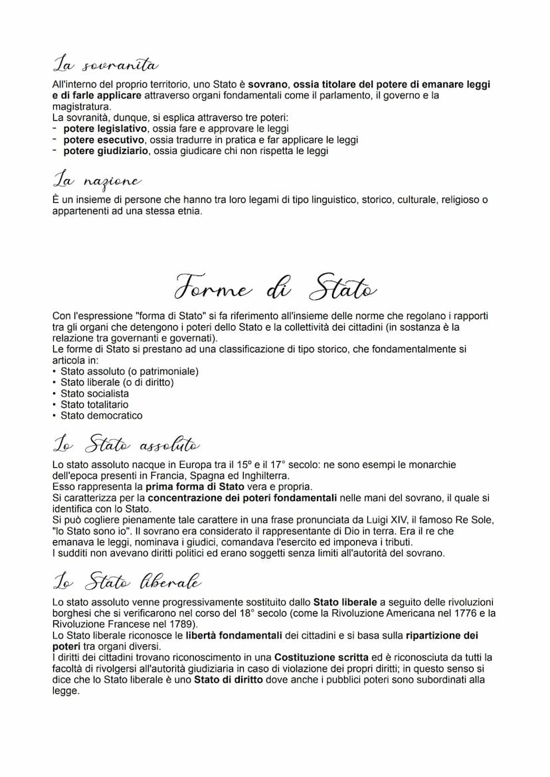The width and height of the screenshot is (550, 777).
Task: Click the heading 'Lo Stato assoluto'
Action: click(x=126, y=444)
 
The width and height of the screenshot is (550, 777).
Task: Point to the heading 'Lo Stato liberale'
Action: click(x=126, y=582)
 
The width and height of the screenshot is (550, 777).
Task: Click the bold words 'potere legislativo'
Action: click(x=104, y=129)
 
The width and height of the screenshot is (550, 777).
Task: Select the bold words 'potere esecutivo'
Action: click(x=104, y=140)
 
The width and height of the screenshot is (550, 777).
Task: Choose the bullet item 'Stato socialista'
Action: click(x=94, y=393)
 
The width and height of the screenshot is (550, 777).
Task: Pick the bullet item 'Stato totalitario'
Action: click(x=94, y=404)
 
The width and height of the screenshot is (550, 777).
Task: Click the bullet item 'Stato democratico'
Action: click(x=101, y=415)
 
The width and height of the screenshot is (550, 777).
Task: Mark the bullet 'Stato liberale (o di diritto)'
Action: click(x=117, y=382)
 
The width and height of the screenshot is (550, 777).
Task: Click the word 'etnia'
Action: click(x=188, y=211)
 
